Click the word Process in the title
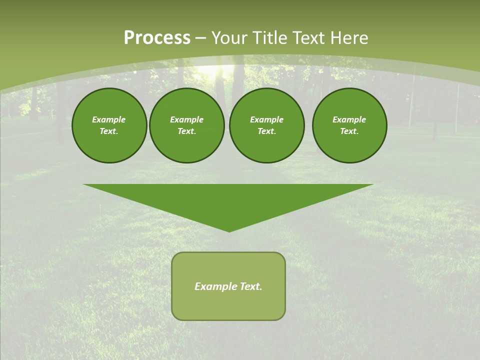157,38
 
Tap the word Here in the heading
349,38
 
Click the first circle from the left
109,125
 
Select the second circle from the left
186,125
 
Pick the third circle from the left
266,125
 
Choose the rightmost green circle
349,125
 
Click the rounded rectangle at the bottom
228,286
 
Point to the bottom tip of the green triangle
229,231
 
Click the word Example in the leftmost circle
109,119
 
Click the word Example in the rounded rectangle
216,286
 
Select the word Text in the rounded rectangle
250,286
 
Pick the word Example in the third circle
266,119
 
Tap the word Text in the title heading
309,38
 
